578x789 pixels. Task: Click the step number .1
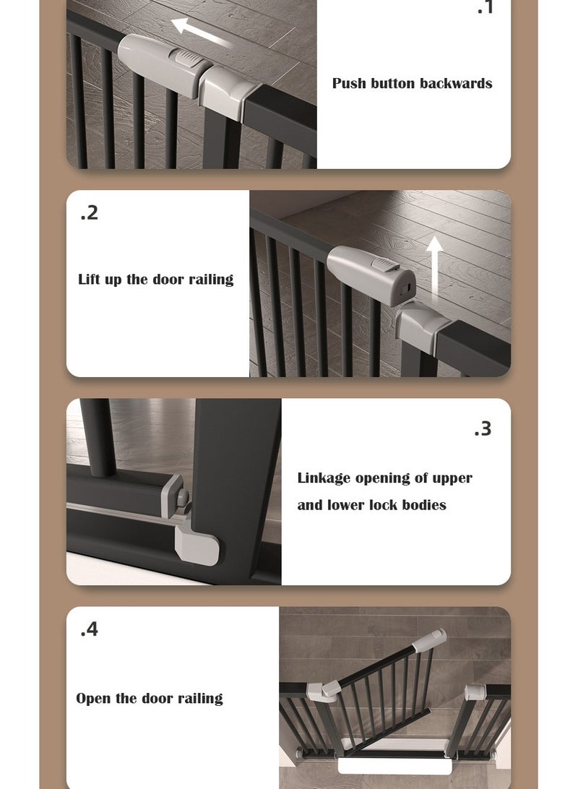point(485,9)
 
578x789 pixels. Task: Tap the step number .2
point(89,213)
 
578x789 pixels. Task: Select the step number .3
point(483,428)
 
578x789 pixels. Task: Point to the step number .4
point(89,629)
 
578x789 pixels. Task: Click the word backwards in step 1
point(456,83)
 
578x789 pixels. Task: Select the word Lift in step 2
point(90,280)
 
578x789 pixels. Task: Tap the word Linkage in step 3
point(322,478)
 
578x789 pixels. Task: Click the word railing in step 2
point(211,280)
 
